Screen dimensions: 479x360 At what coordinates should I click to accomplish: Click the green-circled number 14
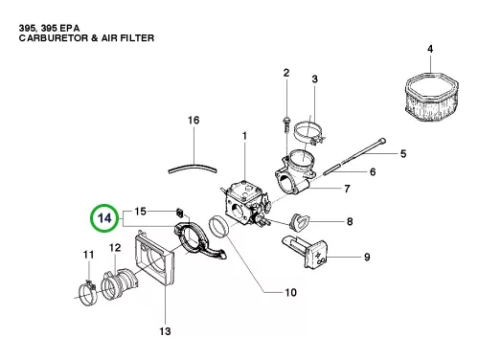click(104, 218)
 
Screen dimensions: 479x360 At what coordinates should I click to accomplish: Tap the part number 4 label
click(430, 49)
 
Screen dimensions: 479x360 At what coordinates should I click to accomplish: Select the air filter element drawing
click(431, 97)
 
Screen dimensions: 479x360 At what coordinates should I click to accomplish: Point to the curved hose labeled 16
click(193, 168)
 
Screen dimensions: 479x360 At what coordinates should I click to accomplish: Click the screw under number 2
click(286, 124)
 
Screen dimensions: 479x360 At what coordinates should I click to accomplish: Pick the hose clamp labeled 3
click(308, 132)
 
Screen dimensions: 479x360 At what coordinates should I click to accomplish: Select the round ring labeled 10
click(218, 227)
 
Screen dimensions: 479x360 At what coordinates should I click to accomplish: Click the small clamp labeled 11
click(87, 293)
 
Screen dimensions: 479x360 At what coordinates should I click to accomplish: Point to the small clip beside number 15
click(180, 212)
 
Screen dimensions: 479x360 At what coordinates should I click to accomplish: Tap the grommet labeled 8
click(299, 222)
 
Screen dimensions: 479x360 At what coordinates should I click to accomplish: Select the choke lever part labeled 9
click(305, 252)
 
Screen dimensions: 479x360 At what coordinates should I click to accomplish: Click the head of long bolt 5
click(382, 141)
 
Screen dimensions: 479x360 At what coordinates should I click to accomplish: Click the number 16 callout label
click(194, 121)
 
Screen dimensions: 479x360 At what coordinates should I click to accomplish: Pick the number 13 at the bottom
click(165, 331)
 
